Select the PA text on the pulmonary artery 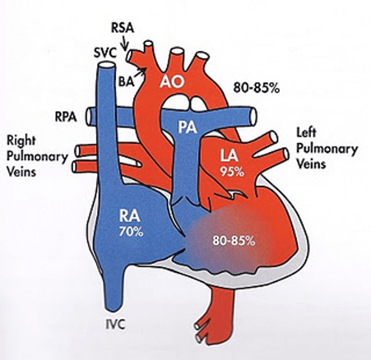[x=189, y=127]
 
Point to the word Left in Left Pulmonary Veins [x=307, y=133]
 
